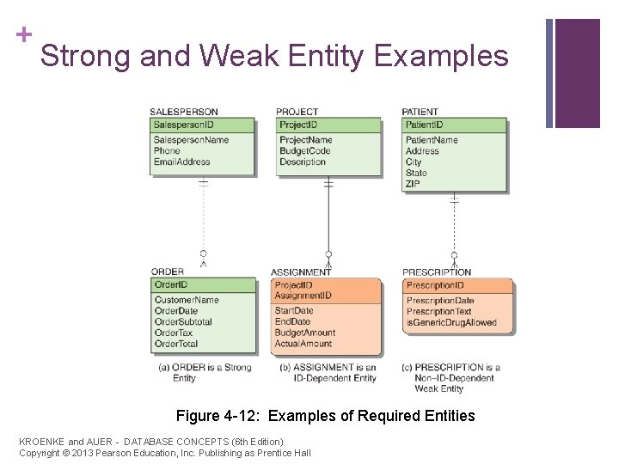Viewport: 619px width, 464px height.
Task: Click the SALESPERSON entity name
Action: (x=184, y=112)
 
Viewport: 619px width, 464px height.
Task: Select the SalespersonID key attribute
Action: (x=184, y=125)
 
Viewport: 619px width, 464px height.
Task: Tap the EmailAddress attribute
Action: (x=181, y=162)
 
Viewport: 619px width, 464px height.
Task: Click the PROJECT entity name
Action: (x=297, y=112)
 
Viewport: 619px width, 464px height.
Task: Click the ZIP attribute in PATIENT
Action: (x=413, y=184)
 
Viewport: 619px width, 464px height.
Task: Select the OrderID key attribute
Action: (x=171, y=285)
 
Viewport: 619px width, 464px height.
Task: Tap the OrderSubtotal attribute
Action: (x=183, y=321)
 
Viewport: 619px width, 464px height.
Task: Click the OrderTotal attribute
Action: (x=176, y=344)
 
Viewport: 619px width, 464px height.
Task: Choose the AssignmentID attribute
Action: (x=303, y=296)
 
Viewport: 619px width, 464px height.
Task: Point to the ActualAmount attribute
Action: (x=303, y=344)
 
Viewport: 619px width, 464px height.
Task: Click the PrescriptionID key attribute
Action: (x=435, y=285)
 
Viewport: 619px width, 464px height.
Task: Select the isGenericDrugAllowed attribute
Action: (x=451, y=322)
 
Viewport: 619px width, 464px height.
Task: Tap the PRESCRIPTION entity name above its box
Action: (x=437, y=272)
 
